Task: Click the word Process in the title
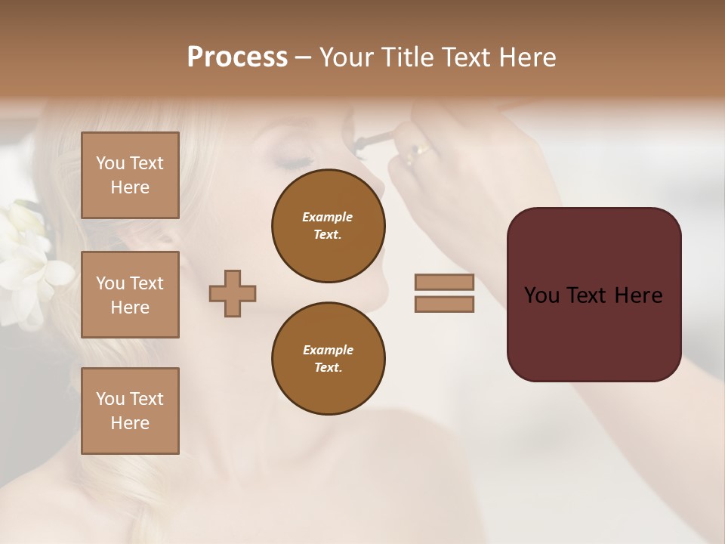(x=237, y=57)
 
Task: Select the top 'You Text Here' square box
(x=130, y=175)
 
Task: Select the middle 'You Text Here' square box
(x=130, y=295)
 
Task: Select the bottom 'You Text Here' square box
(x=130, y=411)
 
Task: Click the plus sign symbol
(x=233, y=293)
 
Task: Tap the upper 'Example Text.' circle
(x=328, y=226)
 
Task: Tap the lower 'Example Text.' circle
(x=328, y=359)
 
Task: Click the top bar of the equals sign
(x=444, y=283)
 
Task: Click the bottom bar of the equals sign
(x=444, y=304)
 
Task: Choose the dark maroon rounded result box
(x=594, y=295)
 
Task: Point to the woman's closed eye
(x=293, y=161)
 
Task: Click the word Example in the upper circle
(x=328, y=217)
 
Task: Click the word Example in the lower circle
(x=328, y=350)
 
